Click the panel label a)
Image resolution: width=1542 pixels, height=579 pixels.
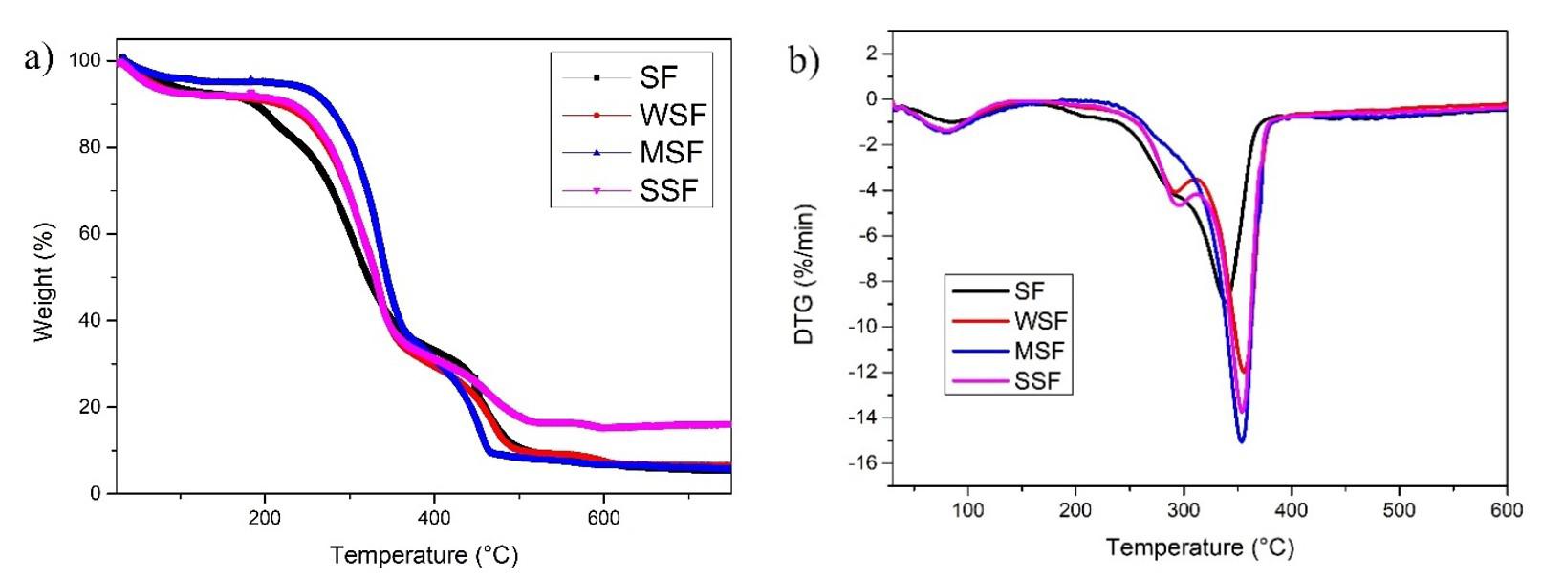tap(38, 58)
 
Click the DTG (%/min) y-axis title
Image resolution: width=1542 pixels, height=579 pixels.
tap(805, 274)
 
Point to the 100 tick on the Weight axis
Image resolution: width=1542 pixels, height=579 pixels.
tap(85, 61)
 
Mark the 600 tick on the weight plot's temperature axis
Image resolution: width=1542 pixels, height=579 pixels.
tap(603, 518)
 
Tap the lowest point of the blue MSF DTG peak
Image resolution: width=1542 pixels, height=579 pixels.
tap(1241, 440)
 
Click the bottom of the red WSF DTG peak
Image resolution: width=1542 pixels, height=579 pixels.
tap(1244, 371)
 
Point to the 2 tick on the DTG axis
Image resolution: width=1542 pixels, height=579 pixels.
tap(871, 54)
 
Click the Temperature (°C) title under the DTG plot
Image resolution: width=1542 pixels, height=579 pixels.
tap(1200, 547)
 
